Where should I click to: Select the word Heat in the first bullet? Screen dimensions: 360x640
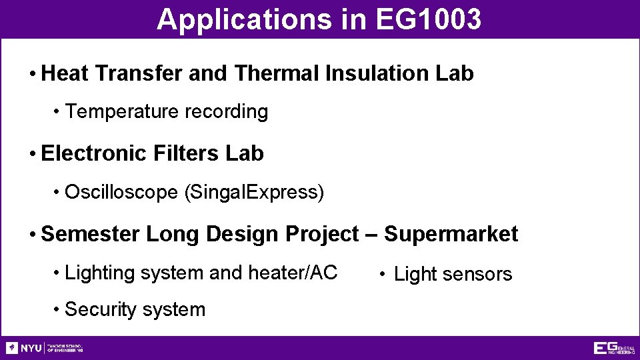pyautogui.click(x=65, y=73)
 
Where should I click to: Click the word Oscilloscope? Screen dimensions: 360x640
pyautogui.click(x=121, y=193)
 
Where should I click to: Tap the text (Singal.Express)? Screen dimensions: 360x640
pyautogui.click(x=253, y=193)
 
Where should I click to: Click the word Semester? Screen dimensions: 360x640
pyautogui.click(x=90, y=234)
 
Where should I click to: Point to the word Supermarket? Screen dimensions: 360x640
pyautogui.click(x=451, y=234)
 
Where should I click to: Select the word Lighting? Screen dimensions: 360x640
pyautogui.click(x=93, y=273)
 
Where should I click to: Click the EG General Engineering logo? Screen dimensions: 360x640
pyautogui.click(x=613, y=348)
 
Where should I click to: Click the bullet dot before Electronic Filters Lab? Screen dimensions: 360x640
pyautogui.click(x=33, y=154)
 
